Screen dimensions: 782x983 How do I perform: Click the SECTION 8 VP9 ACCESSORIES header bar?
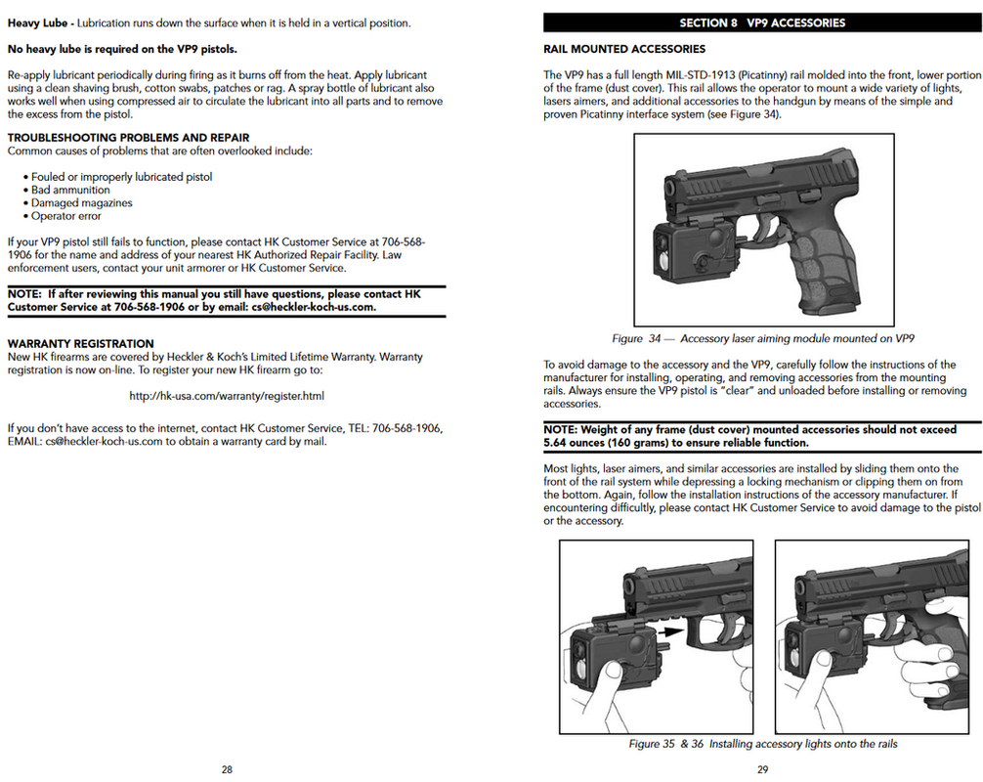762,22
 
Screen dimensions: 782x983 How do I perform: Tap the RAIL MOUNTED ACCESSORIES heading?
623,49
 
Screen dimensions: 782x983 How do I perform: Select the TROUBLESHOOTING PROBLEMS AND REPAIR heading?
128,138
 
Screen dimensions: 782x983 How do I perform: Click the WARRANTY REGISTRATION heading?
80,343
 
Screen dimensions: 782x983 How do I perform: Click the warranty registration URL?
227,396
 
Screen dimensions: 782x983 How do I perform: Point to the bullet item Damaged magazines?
81,203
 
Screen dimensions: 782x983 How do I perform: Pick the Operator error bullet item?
66,216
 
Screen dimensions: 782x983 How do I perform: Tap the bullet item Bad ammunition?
70,191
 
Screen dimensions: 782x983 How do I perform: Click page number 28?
227,769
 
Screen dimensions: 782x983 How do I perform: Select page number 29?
762,769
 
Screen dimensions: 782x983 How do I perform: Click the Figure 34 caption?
762,339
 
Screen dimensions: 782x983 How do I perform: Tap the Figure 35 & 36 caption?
762,744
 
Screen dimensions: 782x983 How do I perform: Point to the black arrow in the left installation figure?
669,632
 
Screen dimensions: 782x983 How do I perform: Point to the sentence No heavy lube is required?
122,49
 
